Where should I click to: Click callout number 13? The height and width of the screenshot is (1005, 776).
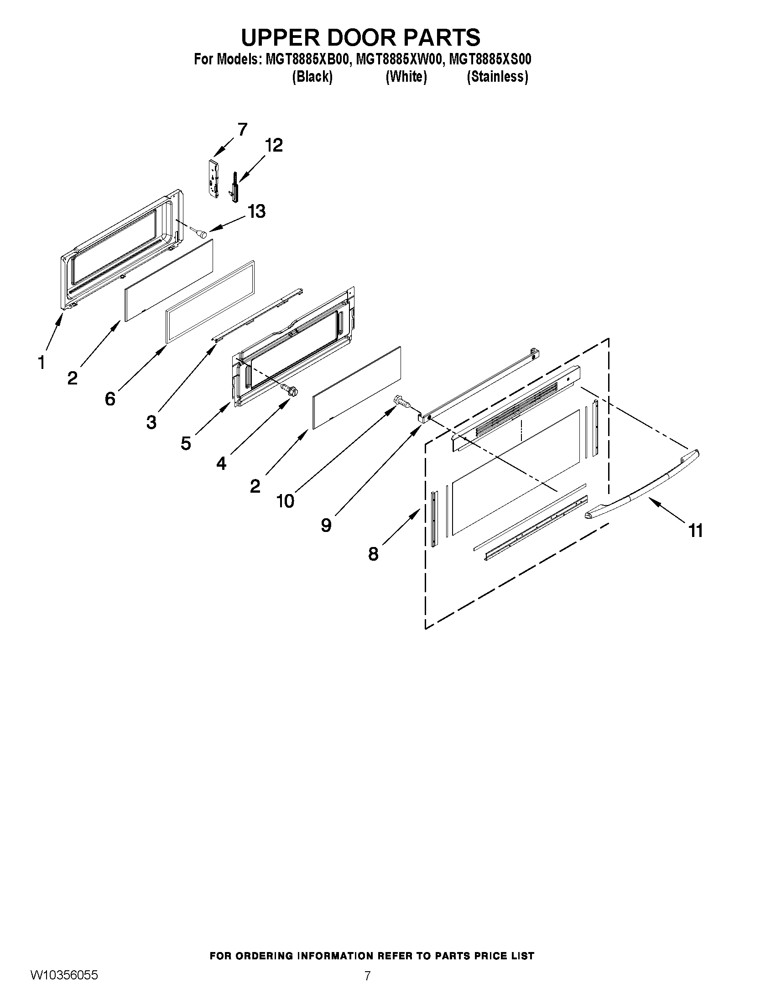point(256,212)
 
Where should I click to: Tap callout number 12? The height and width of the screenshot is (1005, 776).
point(274,145)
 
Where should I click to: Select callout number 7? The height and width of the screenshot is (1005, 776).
point(242,129)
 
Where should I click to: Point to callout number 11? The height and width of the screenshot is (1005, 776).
point(696,531)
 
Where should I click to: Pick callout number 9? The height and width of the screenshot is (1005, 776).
point(326,525)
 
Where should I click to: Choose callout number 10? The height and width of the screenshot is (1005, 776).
point(285,501)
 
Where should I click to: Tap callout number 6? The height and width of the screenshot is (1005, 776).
point(110,399)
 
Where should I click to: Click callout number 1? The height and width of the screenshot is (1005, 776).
point(42,363)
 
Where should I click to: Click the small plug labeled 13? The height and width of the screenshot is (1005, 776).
point(201,234)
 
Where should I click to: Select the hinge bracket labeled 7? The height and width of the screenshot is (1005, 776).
point(214,179)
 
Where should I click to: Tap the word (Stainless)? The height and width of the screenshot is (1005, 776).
point(497,76)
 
